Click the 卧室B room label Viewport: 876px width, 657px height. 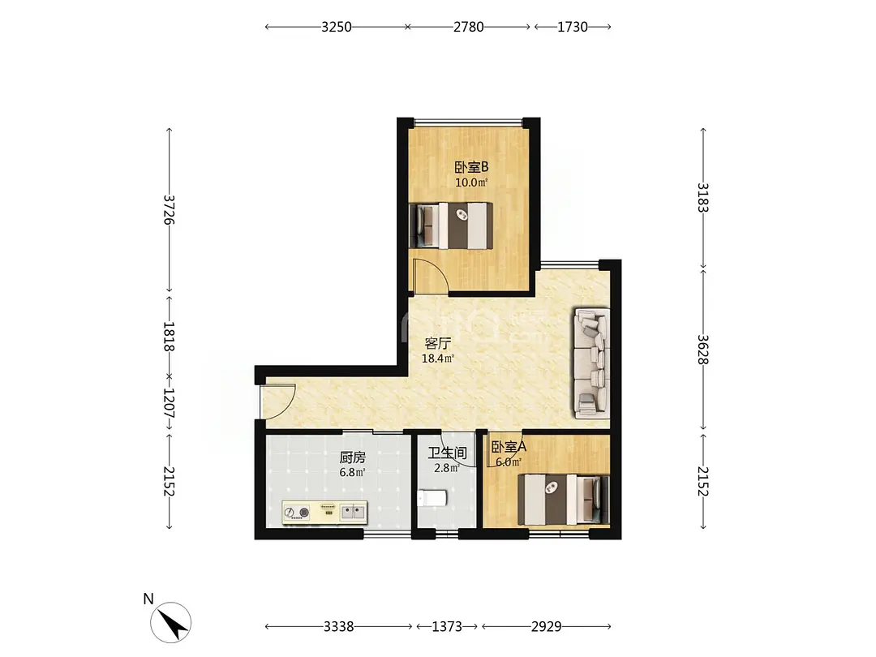click(x=471, y=167)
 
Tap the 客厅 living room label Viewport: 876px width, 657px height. click(x=437, y=343)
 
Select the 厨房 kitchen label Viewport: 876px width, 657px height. click(x=353, y=457)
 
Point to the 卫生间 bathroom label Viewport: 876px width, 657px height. click(x=448, y=453)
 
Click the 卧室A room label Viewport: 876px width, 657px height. click(x=509, y=447)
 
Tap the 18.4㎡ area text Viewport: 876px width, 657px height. click(x=437, y=359)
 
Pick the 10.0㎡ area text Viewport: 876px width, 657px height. click(x=471, y=182)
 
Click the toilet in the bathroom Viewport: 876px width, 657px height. click(x=432, y=498)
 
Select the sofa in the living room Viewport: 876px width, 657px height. click(x=591, y=363)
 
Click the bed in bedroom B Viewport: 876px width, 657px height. click(x=452, y=225)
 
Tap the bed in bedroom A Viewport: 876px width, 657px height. click(x=563, y=500)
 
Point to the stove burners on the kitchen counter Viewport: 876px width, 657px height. click(x=296, y=512)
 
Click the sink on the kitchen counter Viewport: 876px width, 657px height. click(x=353, y=511)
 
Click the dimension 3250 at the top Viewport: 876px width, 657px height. click(x=337, y=27)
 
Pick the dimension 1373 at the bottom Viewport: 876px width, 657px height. click(x=447, y=627)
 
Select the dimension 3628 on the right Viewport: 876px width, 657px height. click(x=703, y=349)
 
